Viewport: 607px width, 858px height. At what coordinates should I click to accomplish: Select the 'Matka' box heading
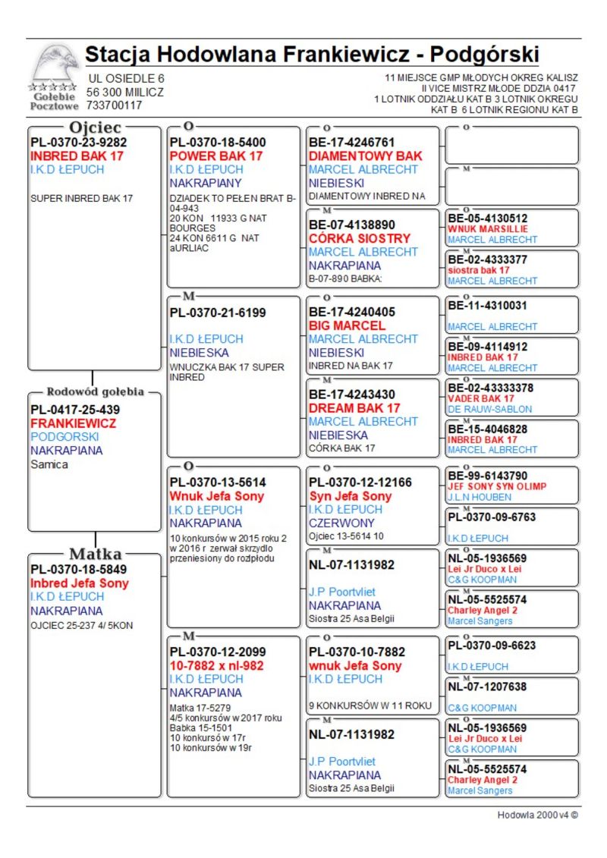(x=96, y=553)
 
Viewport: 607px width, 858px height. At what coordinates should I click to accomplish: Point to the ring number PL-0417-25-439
(x=75, y=410)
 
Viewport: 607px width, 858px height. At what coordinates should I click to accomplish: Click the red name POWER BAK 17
(x=216, y=156)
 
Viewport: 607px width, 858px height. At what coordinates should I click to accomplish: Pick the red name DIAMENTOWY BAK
(x=365, y=156)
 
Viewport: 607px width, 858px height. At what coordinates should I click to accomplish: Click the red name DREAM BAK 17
(x=354, y=408)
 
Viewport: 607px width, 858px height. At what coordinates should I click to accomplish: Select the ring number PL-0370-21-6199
(x=218, y=312)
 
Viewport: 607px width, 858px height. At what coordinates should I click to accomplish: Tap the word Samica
(x=49, y=464)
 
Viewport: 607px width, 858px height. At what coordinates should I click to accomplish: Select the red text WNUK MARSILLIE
(x=487, y=228)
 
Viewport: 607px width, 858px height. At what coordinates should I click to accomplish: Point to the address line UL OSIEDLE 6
(x=127, y=78)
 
